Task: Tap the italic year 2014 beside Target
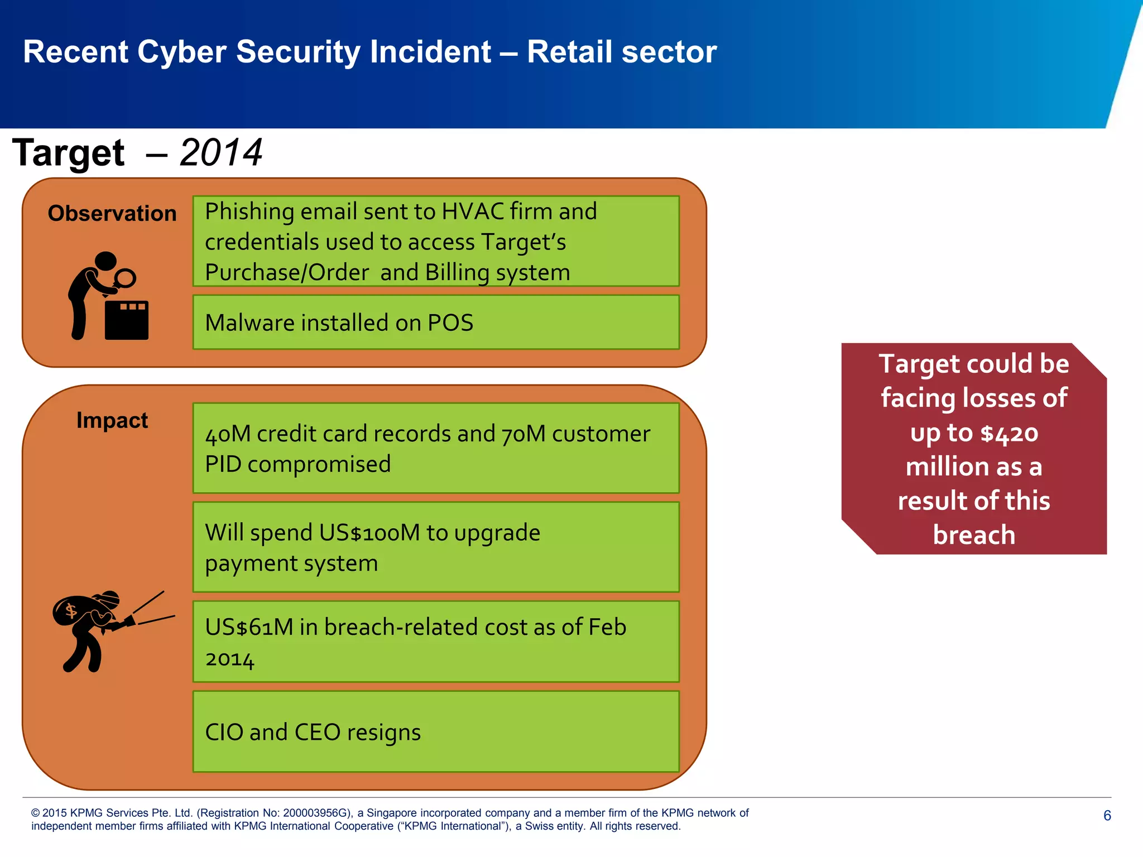pos(221,153)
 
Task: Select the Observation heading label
pos(112,214)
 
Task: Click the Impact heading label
pos(112,420)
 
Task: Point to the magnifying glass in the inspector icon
pos(125,277)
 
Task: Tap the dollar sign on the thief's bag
pos(71,611)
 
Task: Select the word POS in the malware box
pos(450,323)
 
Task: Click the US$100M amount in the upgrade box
pos(369,533)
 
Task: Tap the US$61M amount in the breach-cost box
pos(249,627)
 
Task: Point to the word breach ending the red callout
pos(974,535)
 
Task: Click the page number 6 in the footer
pos(1107,816)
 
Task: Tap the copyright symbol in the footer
pos(35,813)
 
